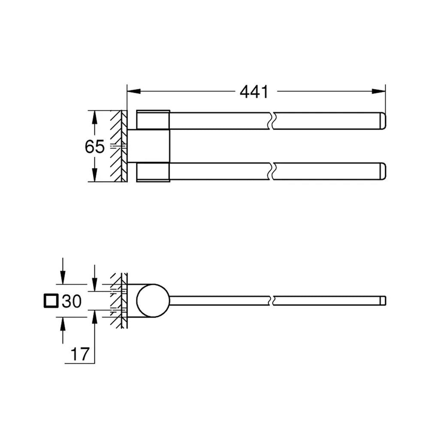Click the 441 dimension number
point(254,92)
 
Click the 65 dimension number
point(95,146)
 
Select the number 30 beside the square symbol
point(72,301)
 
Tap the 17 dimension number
point(80,354)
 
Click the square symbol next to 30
point(51,301)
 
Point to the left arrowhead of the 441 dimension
point(134,91)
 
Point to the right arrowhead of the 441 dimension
point(379,91)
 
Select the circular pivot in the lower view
point(153,301)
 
